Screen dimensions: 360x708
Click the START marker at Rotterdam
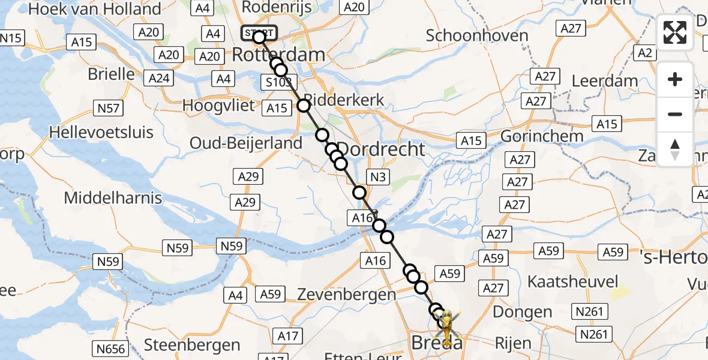[x=259, y=33]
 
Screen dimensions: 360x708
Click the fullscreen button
[x=675, y=32]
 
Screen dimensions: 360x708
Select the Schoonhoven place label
[x=477, y=35]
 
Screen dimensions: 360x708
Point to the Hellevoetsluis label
[x=102, y=132]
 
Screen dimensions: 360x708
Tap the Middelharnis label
[x=113, y=197]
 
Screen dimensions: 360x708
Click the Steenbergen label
[x=192, y=345]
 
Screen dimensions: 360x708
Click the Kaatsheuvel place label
[x=572, y=281]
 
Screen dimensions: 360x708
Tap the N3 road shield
[x=377, y=177]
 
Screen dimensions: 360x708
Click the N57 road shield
[x=108, y=109]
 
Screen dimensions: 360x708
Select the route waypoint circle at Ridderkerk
[x=304, y=106]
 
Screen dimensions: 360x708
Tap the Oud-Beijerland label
[x=245, y=143]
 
